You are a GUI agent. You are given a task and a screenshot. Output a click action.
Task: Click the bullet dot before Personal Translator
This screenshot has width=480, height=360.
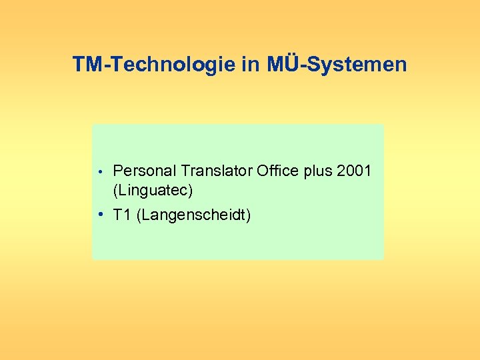tap(99, 172)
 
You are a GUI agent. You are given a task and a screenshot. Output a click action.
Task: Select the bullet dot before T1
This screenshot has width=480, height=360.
tap(99, 215)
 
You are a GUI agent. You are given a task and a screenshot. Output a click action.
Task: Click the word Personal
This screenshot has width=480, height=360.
tap(141, 171)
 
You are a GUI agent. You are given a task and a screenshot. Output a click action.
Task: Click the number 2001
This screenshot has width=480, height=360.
tap(355, 171)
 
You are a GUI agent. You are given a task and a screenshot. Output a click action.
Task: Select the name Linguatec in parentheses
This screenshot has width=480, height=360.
tap(153, 191)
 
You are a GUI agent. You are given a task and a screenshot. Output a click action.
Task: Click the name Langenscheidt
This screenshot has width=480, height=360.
tap(193, 215)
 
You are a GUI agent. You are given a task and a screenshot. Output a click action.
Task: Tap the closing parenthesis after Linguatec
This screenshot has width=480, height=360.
tap(191, 191)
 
